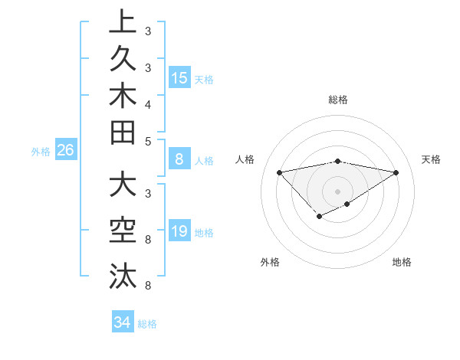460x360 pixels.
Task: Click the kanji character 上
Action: tap(123, 22)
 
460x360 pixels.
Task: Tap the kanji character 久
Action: tap(123, 59)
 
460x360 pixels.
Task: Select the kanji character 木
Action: tap(123, 96)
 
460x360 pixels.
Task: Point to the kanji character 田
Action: tap(123, 133)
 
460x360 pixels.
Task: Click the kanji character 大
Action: tap(123, 185)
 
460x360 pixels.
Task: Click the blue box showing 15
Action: tap(179, 77)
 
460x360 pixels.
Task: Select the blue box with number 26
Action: tap(65, 151)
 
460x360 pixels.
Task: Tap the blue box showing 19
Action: tap(179, 232)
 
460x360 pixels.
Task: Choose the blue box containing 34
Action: tap(122, 322)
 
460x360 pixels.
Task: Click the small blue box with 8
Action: tap(179, 159)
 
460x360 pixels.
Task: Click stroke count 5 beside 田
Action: tap(147, 141)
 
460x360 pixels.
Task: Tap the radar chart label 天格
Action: tap(431, 159)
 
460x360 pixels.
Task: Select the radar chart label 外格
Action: tap(270, 263)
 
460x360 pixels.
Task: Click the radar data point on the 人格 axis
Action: tap(279, 172)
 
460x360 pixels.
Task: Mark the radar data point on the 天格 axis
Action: tap(396, 172)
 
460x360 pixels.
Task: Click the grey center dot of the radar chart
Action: tap(337, 191)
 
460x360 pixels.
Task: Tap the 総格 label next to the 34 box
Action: tap(147, 324)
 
